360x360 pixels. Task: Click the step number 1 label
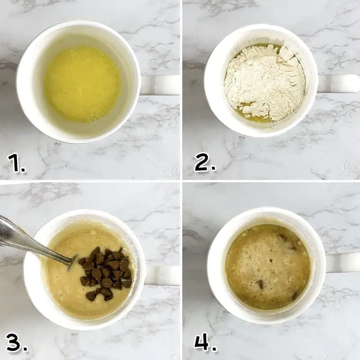coord(16,163)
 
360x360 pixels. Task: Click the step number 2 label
coord(205,163)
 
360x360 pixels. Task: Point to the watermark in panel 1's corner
coord(171,172)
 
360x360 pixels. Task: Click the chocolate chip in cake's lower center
coord(261,284)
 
